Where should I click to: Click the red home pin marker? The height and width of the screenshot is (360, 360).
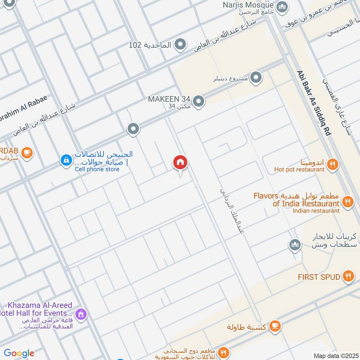180,163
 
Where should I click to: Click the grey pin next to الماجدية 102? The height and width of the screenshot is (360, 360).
180,45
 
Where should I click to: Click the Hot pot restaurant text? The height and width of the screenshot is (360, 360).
299,170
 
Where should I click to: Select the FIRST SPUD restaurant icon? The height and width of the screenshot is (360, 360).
347,276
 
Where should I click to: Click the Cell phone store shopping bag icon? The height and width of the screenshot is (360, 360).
66,160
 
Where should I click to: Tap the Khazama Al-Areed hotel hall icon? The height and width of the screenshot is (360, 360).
81,313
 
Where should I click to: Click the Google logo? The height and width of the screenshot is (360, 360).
19,353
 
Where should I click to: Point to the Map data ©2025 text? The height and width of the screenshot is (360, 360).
335,355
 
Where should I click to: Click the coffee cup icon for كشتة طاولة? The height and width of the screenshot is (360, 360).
275,325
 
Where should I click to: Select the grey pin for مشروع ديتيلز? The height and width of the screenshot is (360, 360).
256,78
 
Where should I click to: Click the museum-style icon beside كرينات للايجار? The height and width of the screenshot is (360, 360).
295,244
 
